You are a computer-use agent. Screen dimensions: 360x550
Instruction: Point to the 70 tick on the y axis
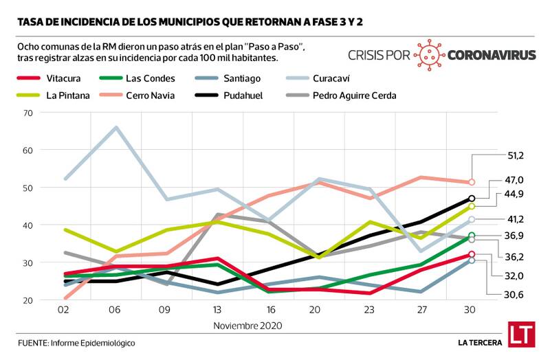(x=28, y=112)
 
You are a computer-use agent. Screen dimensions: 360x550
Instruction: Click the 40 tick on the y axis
(x=28, y=225)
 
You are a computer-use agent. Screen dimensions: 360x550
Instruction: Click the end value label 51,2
(x=515, y=156)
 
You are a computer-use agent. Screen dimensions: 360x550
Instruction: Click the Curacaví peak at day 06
(x=116, y=127)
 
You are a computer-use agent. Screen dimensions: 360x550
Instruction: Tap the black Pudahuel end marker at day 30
(x=472, y=199)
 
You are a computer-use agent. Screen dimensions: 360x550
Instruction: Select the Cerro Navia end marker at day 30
(x=472, y=182)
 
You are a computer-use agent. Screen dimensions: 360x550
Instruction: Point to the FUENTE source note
(x=76, y=342)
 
